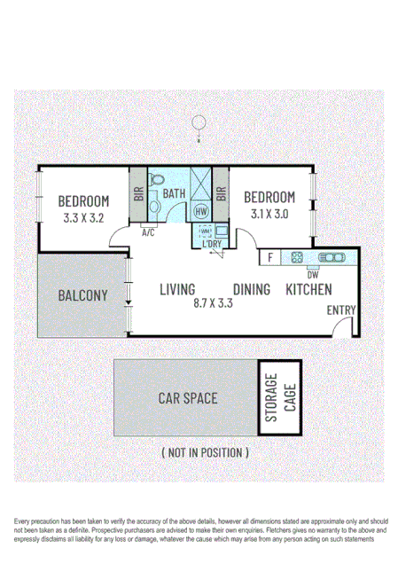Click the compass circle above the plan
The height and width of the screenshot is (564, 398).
[200, 122]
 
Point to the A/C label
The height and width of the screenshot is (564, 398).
[148, 233]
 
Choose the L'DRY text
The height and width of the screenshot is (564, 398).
[210, 243]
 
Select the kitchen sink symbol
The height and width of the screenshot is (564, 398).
[332, 258]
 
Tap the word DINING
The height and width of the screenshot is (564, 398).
[252, 289]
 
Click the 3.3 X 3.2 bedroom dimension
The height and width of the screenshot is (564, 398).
[84, 215]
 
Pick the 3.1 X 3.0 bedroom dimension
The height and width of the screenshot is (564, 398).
[269, 213]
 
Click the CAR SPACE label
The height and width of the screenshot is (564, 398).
[187, 398]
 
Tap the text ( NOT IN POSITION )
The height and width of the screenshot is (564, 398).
[205, 452]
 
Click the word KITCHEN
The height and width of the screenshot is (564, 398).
[308, 289]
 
